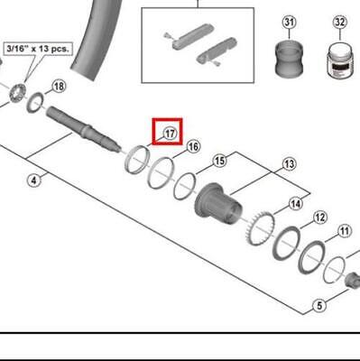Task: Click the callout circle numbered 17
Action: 168,134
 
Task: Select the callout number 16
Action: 193,146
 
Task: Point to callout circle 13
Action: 289,163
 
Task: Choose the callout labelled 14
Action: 296,204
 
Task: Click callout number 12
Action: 319,218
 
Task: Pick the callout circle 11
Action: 344,232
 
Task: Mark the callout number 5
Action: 318,306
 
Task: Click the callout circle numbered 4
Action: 33,180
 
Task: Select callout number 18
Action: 60,86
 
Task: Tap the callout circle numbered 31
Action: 289,22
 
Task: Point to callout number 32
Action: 339,22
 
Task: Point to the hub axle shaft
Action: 81,125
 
